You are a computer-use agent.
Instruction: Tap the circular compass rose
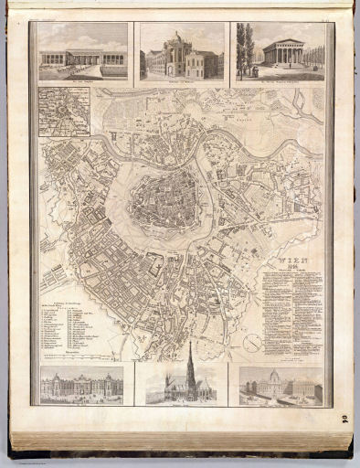pos(253,343)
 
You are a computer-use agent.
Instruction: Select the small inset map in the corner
pos(64,112)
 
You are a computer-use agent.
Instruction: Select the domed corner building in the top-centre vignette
pos(178,55)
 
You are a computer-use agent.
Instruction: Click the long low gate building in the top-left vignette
pos(82,59)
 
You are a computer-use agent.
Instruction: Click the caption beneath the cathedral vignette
pos(180,403)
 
